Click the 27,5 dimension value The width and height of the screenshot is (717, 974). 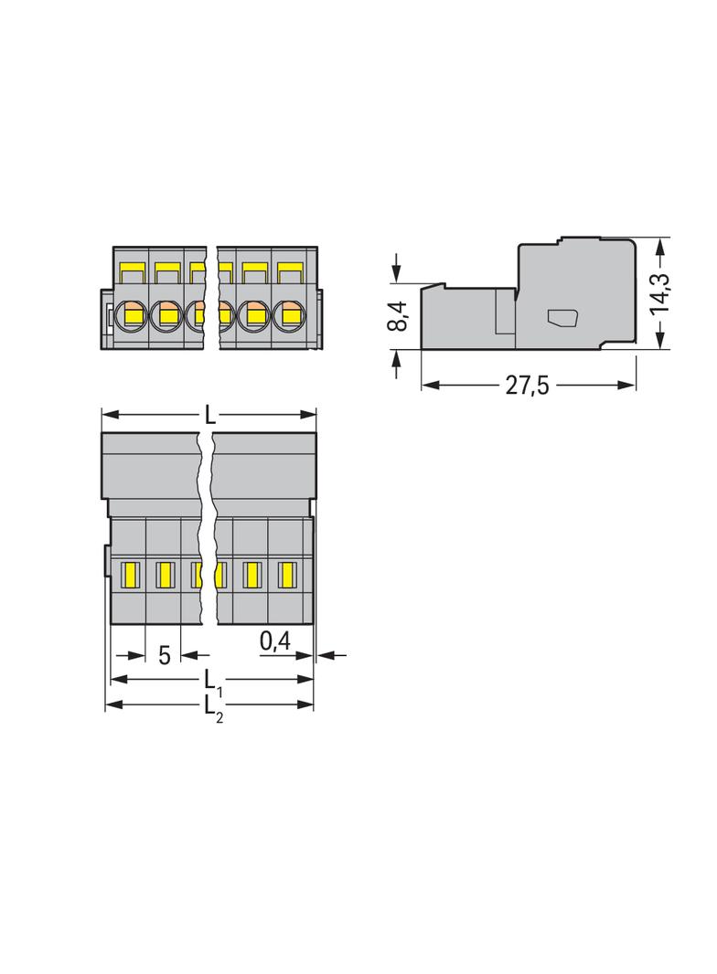[x=527, y=386]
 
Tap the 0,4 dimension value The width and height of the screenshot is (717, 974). [x=275, y=641]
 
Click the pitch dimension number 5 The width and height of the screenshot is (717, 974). [x=165, y=655]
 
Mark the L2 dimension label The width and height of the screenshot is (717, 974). [x=213, y=708]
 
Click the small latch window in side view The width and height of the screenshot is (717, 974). [x=562, y=318]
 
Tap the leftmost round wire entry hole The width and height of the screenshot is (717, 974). [x=131, y=314]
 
